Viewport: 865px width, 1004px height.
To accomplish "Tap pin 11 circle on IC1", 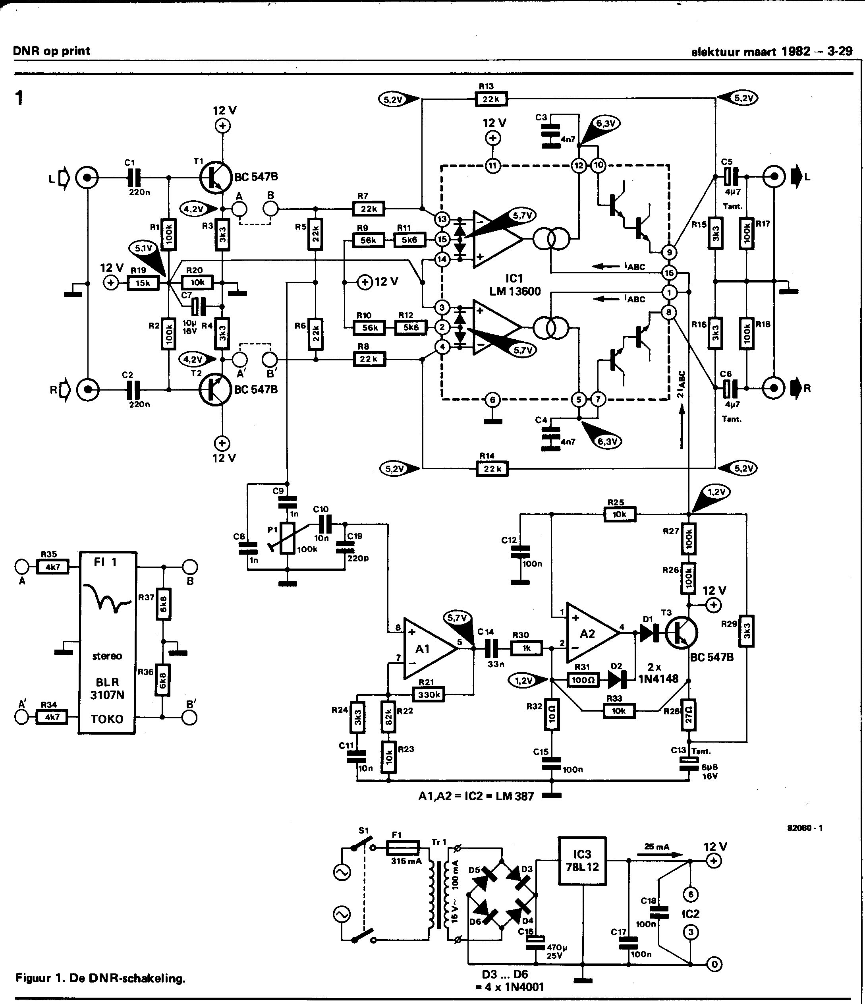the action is (x=492, y=166).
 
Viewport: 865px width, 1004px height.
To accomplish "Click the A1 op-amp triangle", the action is (x=429, y=649).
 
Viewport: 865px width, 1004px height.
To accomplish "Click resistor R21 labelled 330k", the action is (x=429, y=695).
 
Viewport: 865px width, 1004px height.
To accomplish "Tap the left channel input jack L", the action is (x=87, y=178).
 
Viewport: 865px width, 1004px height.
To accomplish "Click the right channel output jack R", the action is (x=774, y=388).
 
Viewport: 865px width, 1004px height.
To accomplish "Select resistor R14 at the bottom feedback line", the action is (x=492, y=468).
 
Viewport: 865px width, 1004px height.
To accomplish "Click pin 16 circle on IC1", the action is (x=669, y=273).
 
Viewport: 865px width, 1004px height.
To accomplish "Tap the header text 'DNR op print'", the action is (x=51, y=51).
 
